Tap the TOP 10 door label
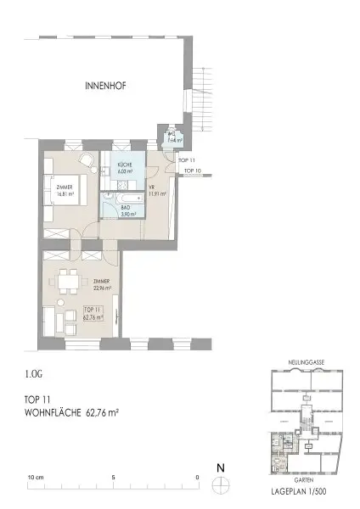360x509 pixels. point(192,171)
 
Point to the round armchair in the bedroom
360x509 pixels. point(86,159)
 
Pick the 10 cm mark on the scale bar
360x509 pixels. point(35,477)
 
